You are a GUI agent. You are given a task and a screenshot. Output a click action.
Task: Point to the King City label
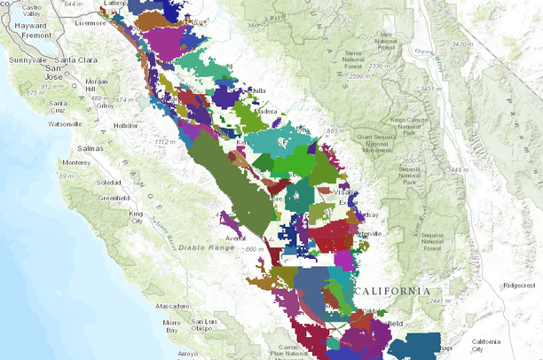coord(136,216)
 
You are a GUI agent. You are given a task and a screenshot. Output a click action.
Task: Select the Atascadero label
coord(174,306)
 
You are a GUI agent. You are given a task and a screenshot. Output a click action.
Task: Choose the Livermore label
coord(90,23)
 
